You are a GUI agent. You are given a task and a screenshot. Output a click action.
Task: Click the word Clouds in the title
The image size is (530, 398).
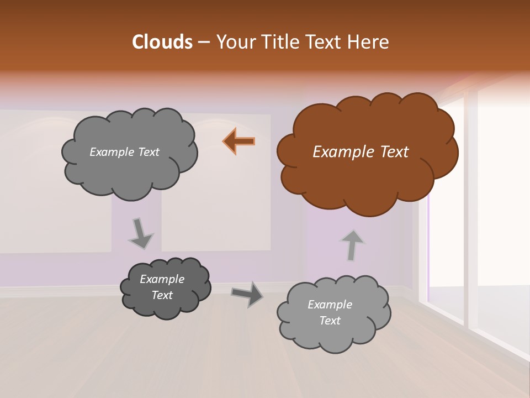click(x=162, y=42)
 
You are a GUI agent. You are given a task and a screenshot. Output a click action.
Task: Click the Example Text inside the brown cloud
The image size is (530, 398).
click(x=361, y=152)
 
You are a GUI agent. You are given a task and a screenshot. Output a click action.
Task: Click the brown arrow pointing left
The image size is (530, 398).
click(x=239, y=142)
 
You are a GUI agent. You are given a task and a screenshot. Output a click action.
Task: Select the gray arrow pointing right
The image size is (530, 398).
click(x=247, y=294)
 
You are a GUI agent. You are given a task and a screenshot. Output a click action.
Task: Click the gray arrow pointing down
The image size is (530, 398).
click(x=140, y=233)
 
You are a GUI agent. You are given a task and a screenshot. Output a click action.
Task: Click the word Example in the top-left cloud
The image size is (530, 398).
click(x=109, y=152)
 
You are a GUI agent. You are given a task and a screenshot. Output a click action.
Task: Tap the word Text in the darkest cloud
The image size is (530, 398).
click(x=162, y=296)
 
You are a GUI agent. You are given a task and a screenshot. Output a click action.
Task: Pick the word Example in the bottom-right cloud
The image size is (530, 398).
click(x=330, y=305)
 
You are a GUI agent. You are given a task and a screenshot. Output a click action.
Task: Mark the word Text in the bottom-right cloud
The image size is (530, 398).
click(x=330, y=321)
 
